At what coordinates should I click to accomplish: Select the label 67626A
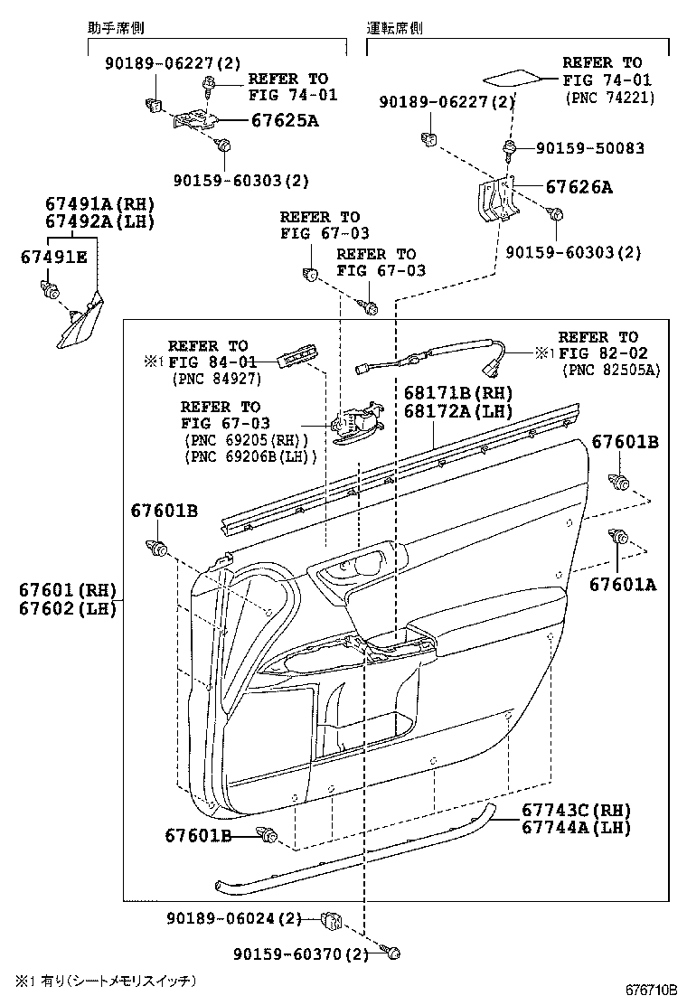pyautogui.click(x=579, y=188)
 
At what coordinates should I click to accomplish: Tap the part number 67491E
pyautogui.click(x=53, y=258)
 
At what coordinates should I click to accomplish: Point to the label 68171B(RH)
pyautogui.click(x=458, y=393)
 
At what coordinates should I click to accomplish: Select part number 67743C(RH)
pyautogui.click(x=576, y=810)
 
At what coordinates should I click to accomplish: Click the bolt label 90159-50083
pyautogui.click(x=589, y=147)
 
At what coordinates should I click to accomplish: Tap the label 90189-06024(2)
pyautogui.click(x=233, y=918)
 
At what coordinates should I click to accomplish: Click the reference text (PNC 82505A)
pyautogui.click(x=611, y=370)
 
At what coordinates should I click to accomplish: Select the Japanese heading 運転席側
pyautogui.click(x=395, y=28)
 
